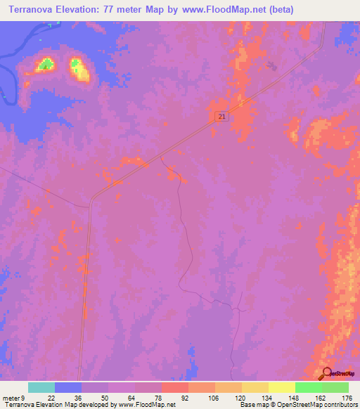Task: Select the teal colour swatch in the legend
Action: click(41, 387)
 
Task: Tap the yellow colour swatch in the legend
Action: click(282, 387)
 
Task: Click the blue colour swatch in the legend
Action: click(68, 387)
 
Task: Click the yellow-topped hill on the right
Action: click(79, 69)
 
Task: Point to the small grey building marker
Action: click(273, 67)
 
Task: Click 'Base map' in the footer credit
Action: click(253, 405)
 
